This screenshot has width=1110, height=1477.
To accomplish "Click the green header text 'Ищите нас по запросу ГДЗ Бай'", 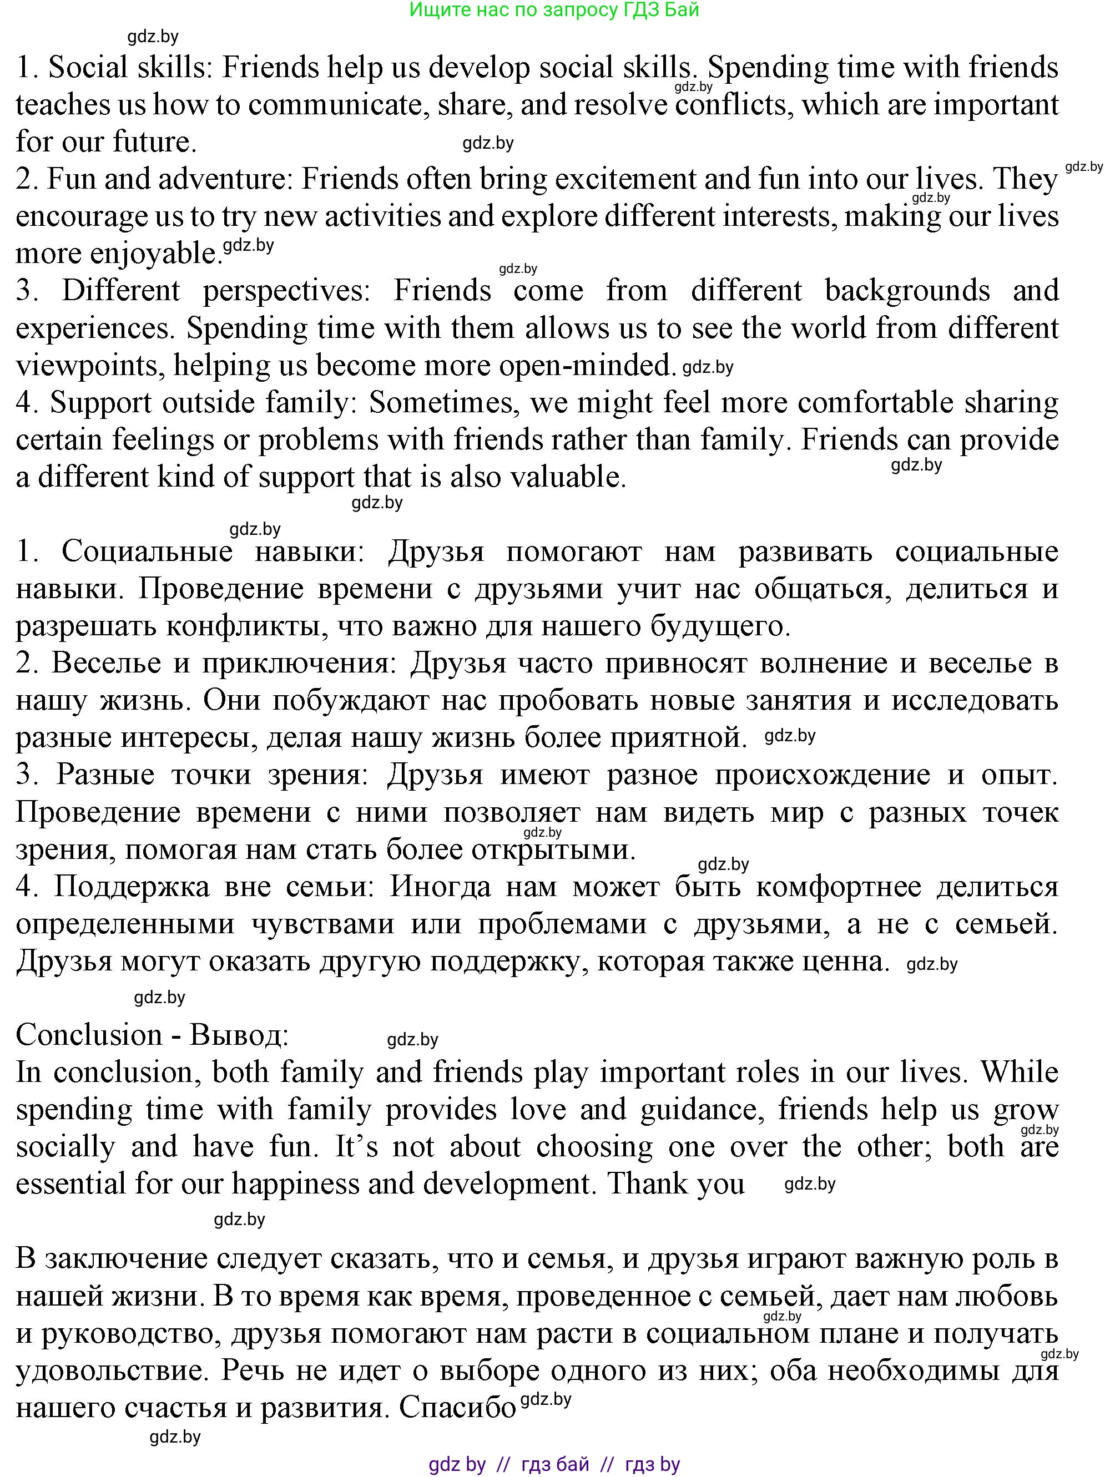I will coord(554,10).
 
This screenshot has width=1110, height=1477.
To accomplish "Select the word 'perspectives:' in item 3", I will coord(286,291).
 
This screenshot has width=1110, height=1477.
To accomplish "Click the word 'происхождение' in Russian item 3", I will coord(822,775).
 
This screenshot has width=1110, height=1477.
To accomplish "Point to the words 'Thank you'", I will coord(675,1185).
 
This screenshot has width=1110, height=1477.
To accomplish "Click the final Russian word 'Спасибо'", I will coord(457,1408).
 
